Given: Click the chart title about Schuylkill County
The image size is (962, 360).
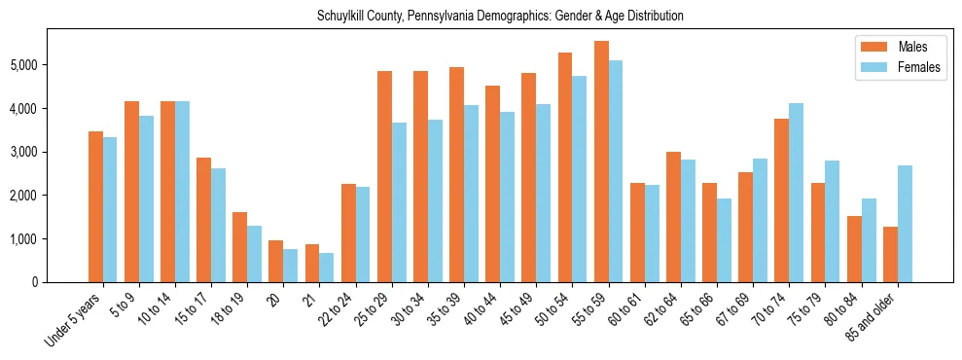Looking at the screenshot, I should [500, 16].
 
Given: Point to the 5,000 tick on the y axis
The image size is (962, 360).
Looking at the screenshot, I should [23, 65].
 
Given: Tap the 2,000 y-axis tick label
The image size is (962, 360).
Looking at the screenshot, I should [23, 196].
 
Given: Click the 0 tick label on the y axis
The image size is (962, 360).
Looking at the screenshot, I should [35, 282].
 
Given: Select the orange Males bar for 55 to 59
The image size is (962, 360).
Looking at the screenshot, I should [601, 162].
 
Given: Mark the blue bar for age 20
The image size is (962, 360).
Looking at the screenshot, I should [291, 266].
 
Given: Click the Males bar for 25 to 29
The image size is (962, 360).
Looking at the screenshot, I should [384, 176].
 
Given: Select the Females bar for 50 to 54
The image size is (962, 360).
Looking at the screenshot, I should [580, 179].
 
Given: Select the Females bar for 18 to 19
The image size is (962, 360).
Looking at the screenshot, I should [255, 254].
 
